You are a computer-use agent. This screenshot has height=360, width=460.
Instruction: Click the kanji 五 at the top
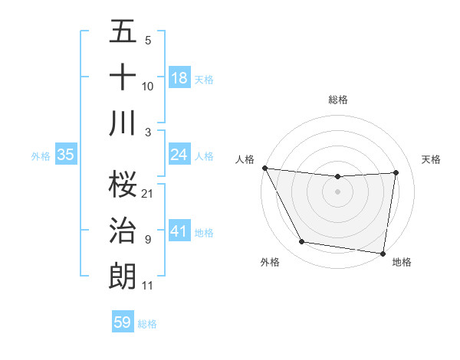pos(123,32)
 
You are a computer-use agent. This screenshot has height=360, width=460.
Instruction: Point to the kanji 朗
pos(123,275)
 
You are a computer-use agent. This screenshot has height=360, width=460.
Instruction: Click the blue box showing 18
pos(179,77)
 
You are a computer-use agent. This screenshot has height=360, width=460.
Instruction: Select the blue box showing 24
pos(179,155)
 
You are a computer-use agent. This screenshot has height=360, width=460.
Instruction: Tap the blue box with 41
pos(179,231)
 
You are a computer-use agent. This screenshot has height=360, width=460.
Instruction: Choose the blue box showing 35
pos(66,155)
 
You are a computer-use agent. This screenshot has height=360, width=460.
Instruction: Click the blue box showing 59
pos(123,322)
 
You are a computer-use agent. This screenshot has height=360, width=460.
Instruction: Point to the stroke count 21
pos(148,193)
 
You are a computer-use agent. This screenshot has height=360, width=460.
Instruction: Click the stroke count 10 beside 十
pos(148,87)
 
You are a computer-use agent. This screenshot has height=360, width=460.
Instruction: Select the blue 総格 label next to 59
pos(147,324)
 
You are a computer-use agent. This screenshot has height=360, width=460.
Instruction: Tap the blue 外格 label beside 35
pos(41,155)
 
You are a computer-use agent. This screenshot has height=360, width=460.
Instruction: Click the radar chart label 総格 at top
pos(338,100)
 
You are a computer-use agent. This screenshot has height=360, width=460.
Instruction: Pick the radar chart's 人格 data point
pos(264,168)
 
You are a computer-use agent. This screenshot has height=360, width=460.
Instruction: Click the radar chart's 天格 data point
pos(396,172)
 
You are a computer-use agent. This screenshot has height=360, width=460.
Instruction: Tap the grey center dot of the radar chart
pos(338,191)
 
